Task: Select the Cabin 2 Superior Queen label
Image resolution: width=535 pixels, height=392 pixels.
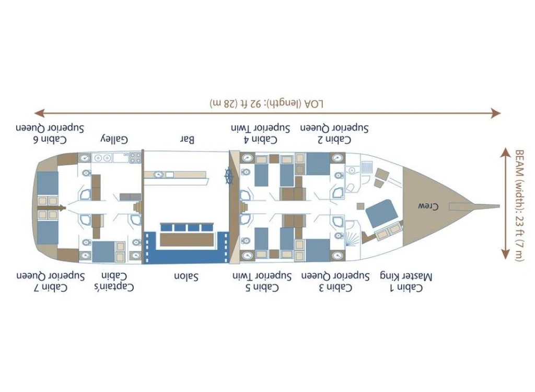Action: pyautogui.click(x=334, y=134)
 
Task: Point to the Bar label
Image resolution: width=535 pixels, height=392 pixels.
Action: pyautogui.click(x=188, y=140)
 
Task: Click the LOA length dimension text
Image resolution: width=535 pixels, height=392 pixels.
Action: pyautogui.click(x=266, y=103)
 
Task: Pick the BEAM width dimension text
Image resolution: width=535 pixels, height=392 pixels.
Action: pyautogui.click(x=519, y=205)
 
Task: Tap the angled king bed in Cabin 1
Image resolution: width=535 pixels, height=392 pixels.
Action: pyautogui.click(x=380, y=213)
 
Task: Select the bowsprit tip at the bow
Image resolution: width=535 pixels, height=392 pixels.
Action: pyautogui.click(x=497, y=205)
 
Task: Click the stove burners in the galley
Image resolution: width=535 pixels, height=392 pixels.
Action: pyautogui.click(x=135, y=157)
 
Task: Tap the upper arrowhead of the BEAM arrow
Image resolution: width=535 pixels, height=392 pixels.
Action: pyautogui.click(x=505, y=152)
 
